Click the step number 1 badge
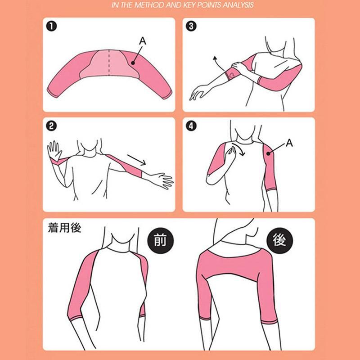[51, 26]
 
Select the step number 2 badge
[51, 126]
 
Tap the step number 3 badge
[191, 26]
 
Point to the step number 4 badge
[191, 126]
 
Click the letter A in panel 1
[143, 41]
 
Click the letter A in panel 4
[289, 143]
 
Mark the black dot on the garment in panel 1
[133, 63]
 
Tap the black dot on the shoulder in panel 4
[268, 153]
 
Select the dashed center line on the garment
[109, 63]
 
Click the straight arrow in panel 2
[137, 160]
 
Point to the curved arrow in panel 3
[218, 63]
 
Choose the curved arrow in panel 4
[239, 149]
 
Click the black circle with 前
[161, 240]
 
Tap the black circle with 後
[279, 240]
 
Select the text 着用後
[64, 228]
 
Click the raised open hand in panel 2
[54, 150]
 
